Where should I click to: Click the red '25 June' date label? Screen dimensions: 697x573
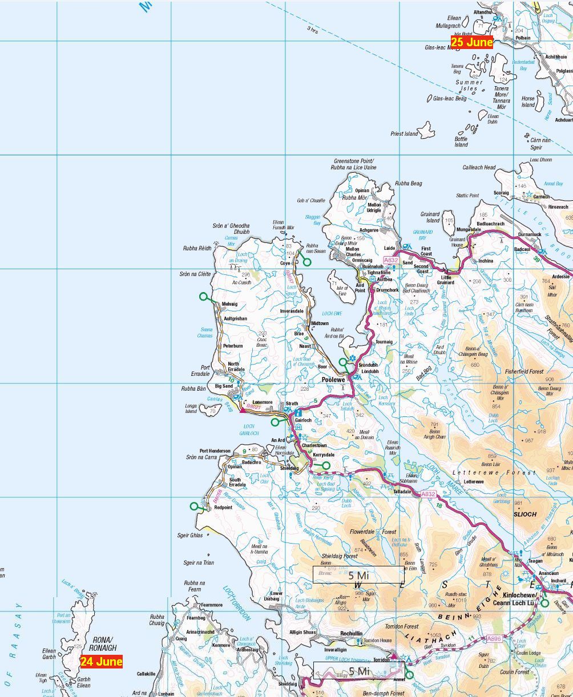click(x=471, y=42)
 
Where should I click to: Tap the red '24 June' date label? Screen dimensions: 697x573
click(x=101, y=662)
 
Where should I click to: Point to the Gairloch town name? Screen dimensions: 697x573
click(x=303, y=420)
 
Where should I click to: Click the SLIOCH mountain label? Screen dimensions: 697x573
click(x=524, y=514)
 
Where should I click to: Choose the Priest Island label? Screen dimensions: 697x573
click(x=404, y=133)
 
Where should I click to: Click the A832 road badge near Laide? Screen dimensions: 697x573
click(x=391, y=260)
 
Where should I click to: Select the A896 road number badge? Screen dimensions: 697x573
click(x=494, y=639)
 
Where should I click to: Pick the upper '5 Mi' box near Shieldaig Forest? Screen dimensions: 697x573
click(x=358, y=575)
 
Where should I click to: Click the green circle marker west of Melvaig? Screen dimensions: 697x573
click(x=203, y=296)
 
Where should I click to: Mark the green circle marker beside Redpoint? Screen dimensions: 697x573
click(x=194, y=506)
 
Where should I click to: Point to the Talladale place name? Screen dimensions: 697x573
click(x=402, y=491)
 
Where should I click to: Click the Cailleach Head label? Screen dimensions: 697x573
click(x=479, y=168)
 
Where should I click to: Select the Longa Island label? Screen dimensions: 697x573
click(x=191, y=408)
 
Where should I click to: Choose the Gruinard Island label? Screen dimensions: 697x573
click(x=433, y=217)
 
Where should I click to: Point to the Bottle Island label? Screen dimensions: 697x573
click(x=461, y=141)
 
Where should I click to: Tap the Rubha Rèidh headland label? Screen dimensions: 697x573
click(x=197, y=248)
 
